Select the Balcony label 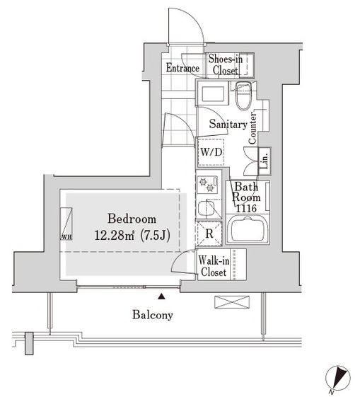[x=152, y=315]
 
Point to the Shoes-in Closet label [x=226, y=65]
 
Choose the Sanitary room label [x=228, y=125]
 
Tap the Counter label [x=252, y=130]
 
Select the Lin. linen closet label [x=263, y=163]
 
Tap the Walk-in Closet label [x=213, y=265]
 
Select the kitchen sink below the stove [x=206, y=209]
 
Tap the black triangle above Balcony [x=161, y=296]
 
